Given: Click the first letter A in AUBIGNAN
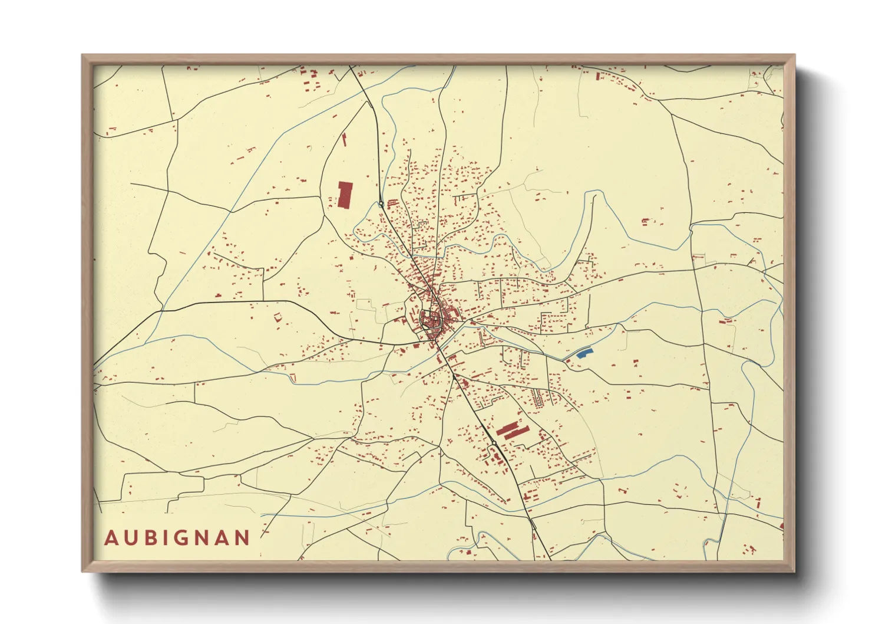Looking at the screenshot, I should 111,538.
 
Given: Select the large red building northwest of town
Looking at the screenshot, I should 345,195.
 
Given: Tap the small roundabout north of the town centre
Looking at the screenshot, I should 381,204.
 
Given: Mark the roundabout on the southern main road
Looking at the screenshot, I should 494,443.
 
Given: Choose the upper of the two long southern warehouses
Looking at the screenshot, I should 508,427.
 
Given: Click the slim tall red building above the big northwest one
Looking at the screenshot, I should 344,140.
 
